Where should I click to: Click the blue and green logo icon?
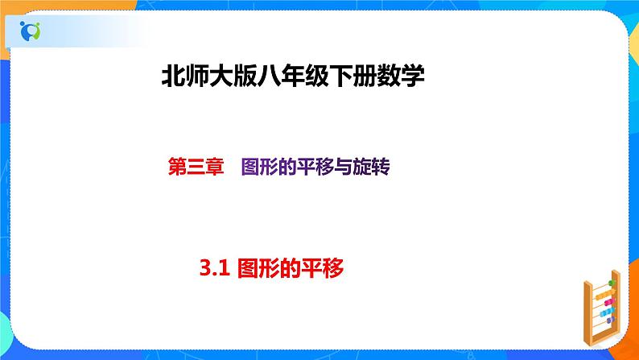(x=30, y=31)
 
